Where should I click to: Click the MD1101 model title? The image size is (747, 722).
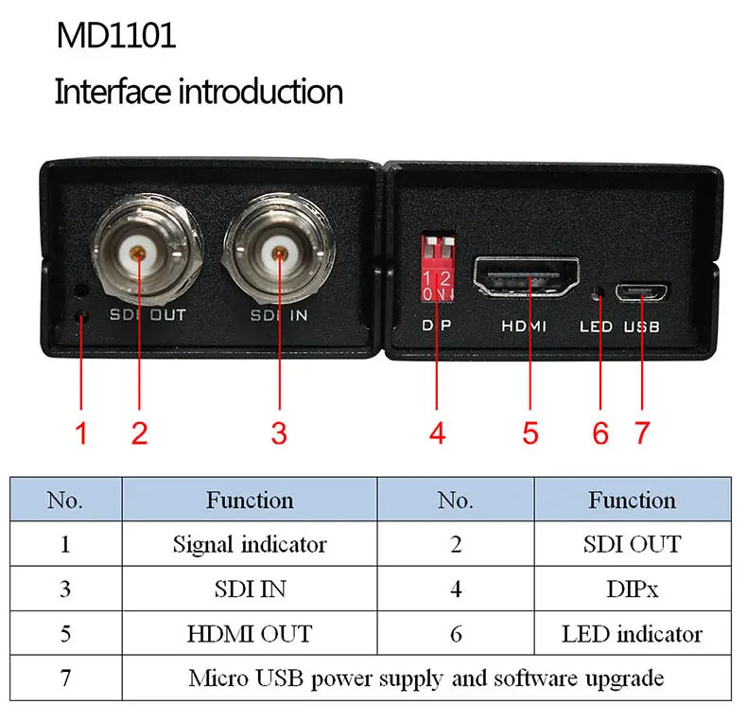[x=115, y=37]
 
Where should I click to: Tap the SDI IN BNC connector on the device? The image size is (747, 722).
[x=278, y=253]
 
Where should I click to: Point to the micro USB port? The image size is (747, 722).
[x=642, y=291]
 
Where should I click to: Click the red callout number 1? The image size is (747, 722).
[x=81, y=433]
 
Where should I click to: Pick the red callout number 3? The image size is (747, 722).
[x=278, y=433]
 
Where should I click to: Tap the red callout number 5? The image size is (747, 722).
[x=530, y=433]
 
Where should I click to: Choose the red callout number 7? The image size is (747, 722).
[x=643, y=433]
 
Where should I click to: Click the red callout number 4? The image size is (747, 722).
[x=437, y=433]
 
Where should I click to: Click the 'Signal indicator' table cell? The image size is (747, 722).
[x=250, y=544]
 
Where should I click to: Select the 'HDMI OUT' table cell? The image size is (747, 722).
[x=250, y=633]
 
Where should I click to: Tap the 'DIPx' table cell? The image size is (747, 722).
[x=633, y=589]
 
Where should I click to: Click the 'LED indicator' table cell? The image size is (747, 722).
[x=633, y=633]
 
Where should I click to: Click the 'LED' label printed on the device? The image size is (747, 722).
[x=595, y=326]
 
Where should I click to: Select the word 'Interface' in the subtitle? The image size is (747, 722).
[x=113, y=93]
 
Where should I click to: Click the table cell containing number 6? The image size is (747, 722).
[x=456, y=633]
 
